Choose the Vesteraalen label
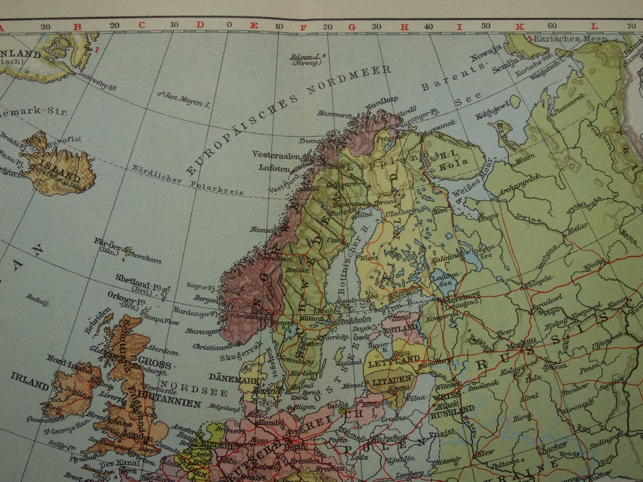point(276,154)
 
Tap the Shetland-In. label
point(138,278)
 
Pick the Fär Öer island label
point(107,242)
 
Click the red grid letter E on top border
point(254,25)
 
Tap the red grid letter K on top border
point(521,25)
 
